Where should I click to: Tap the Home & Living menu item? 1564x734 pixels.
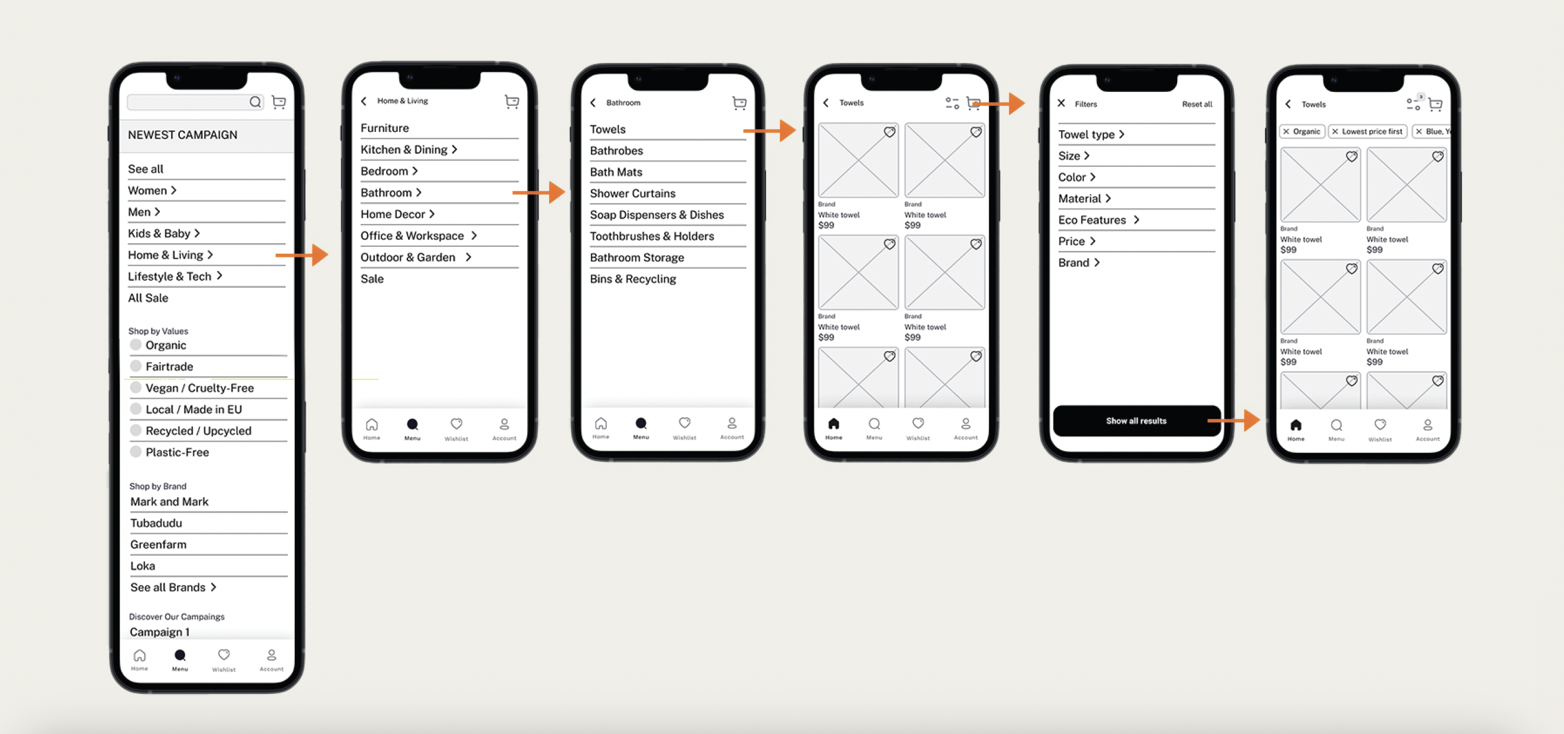(x=170, y=254)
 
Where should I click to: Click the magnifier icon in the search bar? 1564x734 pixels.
(x=255, y=102)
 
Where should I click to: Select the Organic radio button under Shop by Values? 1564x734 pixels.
(x=136, y=345)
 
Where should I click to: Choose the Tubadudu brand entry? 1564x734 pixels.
(x=156, y=523)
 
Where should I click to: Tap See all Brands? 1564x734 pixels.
(x=173, y=587)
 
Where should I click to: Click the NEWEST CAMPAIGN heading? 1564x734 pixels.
(x=182, y=135)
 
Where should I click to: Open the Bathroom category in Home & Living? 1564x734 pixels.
(x=391, y=192)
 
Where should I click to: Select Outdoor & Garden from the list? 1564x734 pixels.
(x=416, y=257)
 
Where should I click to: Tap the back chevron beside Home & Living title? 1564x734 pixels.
(x=364, y=101)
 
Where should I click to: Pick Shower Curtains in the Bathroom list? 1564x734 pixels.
(x=633, y=193)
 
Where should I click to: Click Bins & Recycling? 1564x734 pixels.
(x=633, y=279)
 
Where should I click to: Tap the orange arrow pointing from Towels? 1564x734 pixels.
(x=769, y=130)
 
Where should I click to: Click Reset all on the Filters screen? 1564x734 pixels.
(x=1197, y=104)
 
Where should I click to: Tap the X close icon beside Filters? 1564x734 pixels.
(x=1062, y=103)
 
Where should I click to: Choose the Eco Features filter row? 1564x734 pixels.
(x=1098, y=220)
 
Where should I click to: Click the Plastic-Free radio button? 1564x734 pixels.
(x=136, y=451)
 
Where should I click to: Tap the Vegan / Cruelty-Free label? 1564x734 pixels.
(x=200, y=388)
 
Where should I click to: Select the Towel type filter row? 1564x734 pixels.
(x=1091, y=135)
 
